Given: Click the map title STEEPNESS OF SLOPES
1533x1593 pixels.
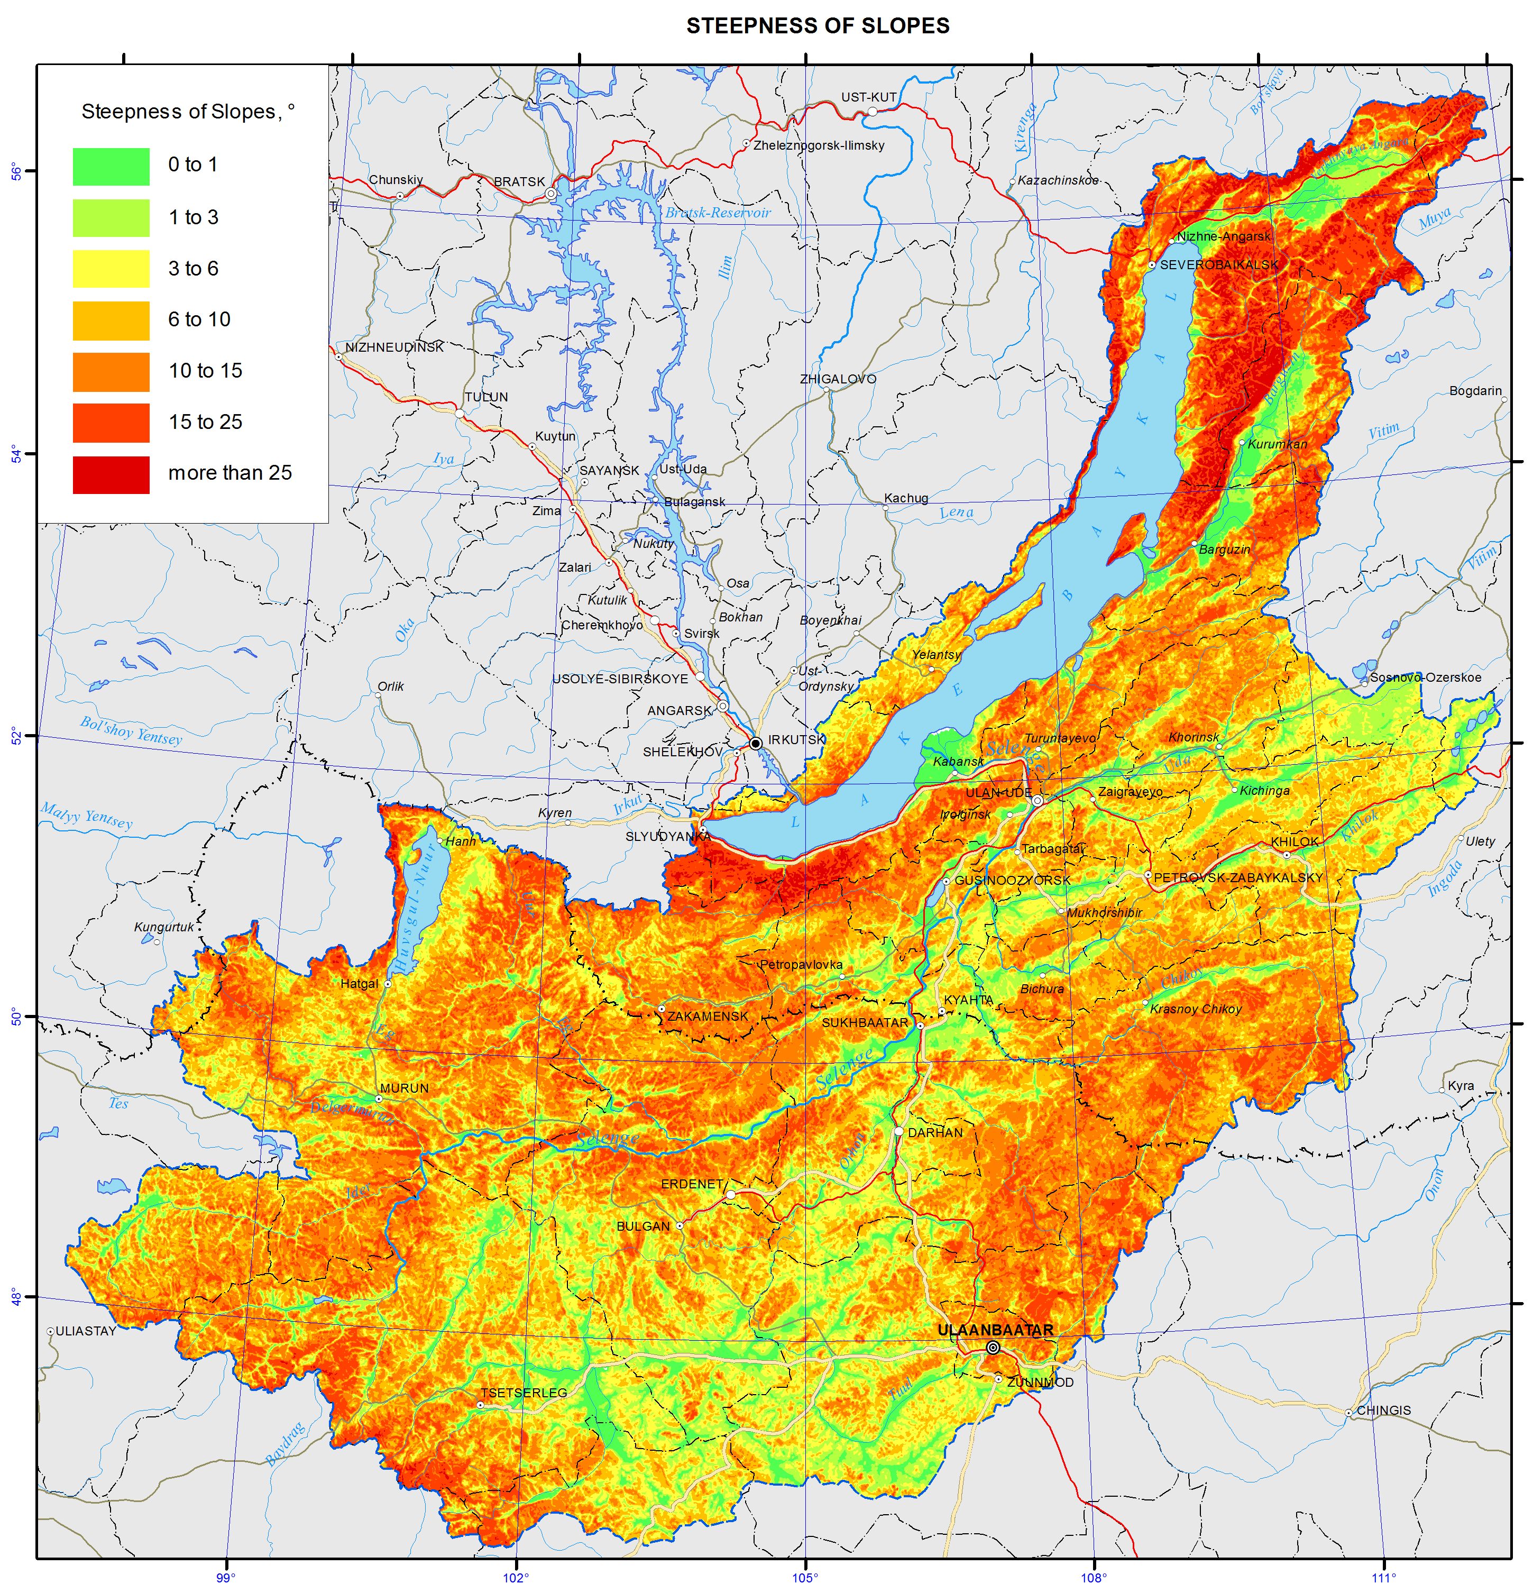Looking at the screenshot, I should click(817, 26).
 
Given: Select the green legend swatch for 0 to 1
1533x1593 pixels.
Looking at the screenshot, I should click(112, 167).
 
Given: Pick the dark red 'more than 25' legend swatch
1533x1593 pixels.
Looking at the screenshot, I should click(112, 474).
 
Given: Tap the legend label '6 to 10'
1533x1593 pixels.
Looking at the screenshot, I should click(199, 319).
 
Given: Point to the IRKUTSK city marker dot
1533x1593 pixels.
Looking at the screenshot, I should click(755, 743).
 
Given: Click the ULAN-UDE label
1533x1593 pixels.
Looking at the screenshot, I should click(998, 792).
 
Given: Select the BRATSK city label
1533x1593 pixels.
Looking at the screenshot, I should click(519, 181).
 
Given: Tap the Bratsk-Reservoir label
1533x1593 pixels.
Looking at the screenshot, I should click(718, 213).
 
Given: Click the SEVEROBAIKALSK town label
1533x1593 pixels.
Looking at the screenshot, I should click(1218, 265).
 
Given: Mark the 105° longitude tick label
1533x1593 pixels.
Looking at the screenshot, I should click(805, 1578).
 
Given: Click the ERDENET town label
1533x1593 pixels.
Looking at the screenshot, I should click(692, 1184).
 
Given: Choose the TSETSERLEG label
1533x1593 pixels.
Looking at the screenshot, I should click(524, 1392).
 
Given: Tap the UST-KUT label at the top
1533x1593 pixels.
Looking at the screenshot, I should click(868, 97).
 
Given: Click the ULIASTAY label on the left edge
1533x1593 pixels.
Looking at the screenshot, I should click(85, 1331).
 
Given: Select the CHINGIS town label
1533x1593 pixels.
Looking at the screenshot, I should click(1383, 1410).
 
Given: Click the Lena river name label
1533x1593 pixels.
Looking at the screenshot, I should click(956, 512).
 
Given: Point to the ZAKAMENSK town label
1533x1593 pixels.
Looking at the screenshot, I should click(707, 1016).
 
